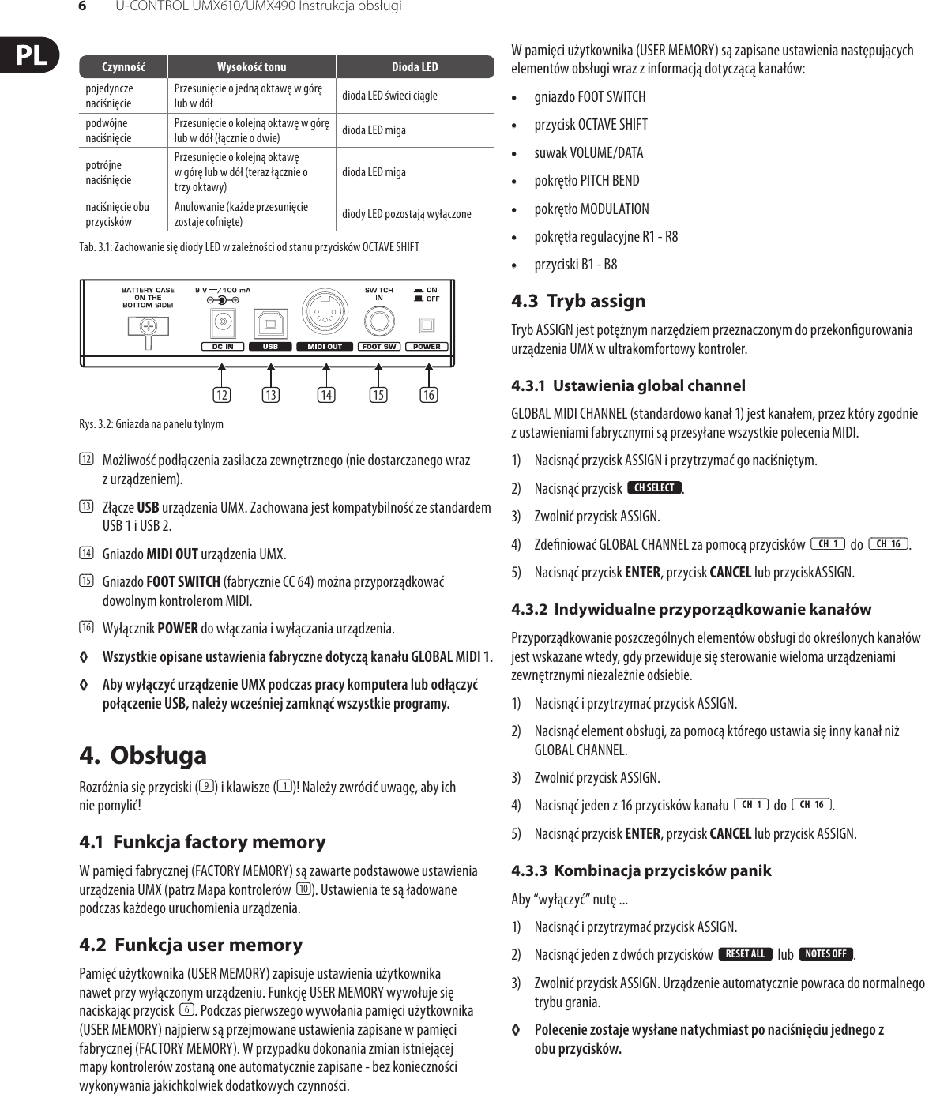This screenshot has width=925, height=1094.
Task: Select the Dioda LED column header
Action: [415, 67]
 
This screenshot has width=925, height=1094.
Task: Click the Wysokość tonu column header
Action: [251, 67]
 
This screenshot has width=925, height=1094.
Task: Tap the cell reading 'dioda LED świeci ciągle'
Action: [389, 96]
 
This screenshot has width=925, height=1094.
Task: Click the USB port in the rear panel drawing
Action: [270, 323]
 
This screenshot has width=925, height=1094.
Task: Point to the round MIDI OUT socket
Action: [324, 314]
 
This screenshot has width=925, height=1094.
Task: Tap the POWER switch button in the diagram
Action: [427, 324]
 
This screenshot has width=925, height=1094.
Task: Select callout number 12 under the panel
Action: [222, 394]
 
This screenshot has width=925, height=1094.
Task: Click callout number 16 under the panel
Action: [428, 394]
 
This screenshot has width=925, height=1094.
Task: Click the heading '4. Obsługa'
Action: [143, 755]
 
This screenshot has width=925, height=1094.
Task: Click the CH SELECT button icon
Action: [654, 488]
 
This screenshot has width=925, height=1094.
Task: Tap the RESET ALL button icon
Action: [745, 954]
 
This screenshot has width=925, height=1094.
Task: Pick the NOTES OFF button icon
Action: [825, 954]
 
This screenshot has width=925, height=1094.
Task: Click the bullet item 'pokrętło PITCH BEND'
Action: [586, 181]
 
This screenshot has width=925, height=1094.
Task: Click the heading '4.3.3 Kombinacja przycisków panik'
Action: [641, 870]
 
